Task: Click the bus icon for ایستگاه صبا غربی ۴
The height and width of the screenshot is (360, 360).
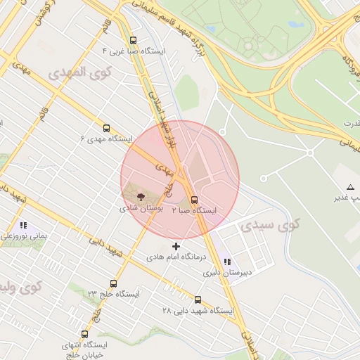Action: [x=134, y=40]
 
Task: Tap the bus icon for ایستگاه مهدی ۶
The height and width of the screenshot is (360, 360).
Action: [x=106, y=128]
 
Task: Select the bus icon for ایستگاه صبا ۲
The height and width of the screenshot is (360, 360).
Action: [x=195, y=199]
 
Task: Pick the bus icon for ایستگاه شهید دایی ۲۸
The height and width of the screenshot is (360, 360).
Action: [x=198, y=300]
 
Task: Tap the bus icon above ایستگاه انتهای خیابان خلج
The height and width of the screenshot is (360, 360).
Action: [x=85, y=334]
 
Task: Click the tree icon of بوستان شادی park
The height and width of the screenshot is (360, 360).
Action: [x=141, y=197]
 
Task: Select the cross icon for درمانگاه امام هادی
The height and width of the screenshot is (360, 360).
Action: [x=176, y=246]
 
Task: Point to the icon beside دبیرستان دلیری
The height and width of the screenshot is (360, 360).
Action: [x=226, y=262]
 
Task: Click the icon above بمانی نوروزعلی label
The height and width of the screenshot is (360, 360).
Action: [x=23, y=226]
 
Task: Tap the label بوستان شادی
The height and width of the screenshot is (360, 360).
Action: [x=141, y=208]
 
